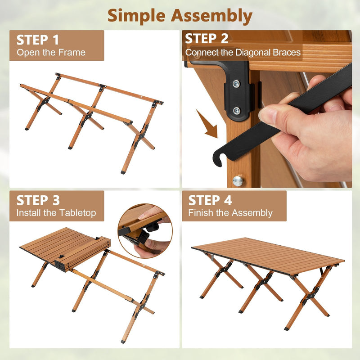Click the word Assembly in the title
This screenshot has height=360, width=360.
(x=211, y=16)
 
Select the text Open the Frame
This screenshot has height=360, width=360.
(x=51, y=53)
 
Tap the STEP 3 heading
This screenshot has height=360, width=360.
(x=38, y=200)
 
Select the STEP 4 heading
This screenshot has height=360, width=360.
(x=210, y=200)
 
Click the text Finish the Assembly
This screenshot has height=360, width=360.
(x=230, y=213)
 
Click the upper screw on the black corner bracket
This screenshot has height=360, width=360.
(x=236, y=83)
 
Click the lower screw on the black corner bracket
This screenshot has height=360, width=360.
(x=236, y=110)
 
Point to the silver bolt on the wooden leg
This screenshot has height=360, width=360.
(x=238, y=180)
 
